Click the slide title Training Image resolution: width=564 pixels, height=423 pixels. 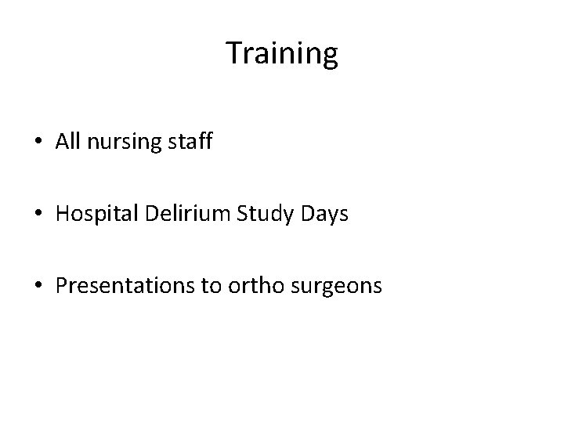[282, 53]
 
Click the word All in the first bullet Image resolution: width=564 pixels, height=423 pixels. [67, 142]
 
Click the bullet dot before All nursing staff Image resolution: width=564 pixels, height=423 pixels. [38, 143]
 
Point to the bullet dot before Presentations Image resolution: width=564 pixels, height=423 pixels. [38, 287]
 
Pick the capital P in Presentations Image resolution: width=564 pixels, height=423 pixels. [61, 286]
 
